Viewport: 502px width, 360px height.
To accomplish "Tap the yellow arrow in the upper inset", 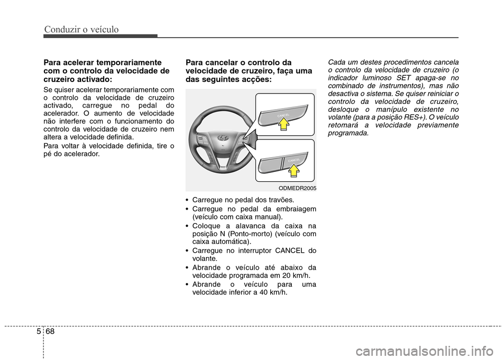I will point(283,124).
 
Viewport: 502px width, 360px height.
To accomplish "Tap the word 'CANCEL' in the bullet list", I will point(294,250).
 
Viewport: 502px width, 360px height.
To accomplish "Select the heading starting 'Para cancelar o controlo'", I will point(249,71).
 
